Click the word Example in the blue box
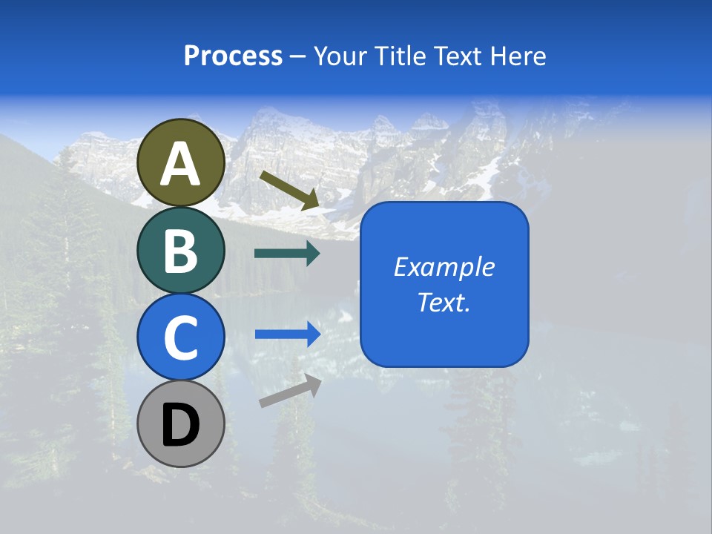[x=444, y=267]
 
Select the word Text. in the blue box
[x=444, y=302]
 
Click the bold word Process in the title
[x=233, y=56]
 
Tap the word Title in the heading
[x=400, y=56]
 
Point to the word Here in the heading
[x=518, y=56]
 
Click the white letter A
[x=181, y=164]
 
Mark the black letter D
[x=181, y=426]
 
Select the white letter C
[x=181, y=338]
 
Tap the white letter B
[x=181, y=251]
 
